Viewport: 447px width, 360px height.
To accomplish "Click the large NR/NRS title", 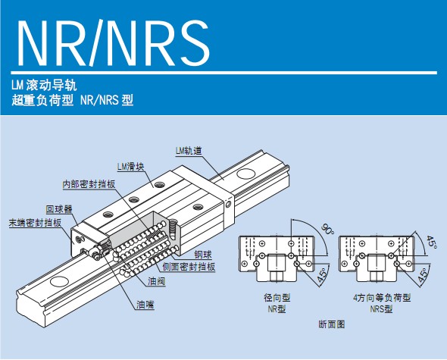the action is coord(114,43).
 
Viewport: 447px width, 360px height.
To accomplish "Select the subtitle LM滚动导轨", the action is coord(44,85).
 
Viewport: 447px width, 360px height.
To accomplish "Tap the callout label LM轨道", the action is coord(189,151).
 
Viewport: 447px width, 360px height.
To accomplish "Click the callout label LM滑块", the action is coord(131,167).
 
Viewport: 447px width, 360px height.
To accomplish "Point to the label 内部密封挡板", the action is coord(89,184).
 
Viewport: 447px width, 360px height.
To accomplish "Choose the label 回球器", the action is coord(59,209).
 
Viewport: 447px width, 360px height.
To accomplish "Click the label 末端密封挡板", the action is coord(35,223).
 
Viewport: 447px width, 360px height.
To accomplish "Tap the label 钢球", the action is coord(203,254).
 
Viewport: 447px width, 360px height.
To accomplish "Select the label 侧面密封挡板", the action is coord(189,267).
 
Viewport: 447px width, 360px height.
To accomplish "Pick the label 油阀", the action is coord(157,282).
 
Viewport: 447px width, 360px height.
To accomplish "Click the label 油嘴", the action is coord(145,305).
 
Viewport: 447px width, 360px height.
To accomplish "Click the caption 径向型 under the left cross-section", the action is coord(277,298).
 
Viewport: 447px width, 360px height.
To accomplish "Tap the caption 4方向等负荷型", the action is coord(382,298).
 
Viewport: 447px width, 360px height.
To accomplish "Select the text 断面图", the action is coord(332,324).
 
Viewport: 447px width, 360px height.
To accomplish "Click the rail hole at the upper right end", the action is coord(245,174).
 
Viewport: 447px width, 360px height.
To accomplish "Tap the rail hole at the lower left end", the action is coord(60,281).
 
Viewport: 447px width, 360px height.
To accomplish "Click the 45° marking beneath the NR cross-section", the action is coord(323,276).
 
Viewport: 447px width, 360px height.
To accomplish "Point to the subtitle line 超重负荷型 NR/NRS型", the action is coord(73,100).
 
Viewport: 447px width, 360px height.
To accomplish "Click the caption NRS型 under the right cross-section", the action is coord(381,309).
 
